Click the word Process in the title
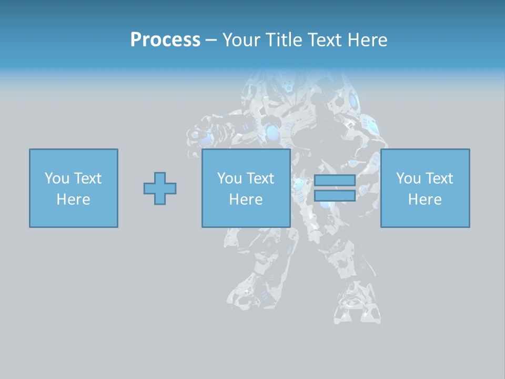[165, 40]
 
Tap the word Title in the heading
[284, 40]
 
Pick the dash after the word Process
[211, 41]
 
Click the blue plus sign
[160, 188]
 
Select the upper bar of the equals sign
[335, 181]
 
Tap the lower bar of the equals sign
[335, 196]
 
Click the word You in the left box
[57, 178]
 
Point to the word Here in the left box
[73, 200]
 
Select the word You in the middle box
[229, 178]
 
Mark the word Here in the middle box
[246, 200]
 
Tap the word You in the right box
[408, 178]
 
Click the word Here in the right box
[425, 200]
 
